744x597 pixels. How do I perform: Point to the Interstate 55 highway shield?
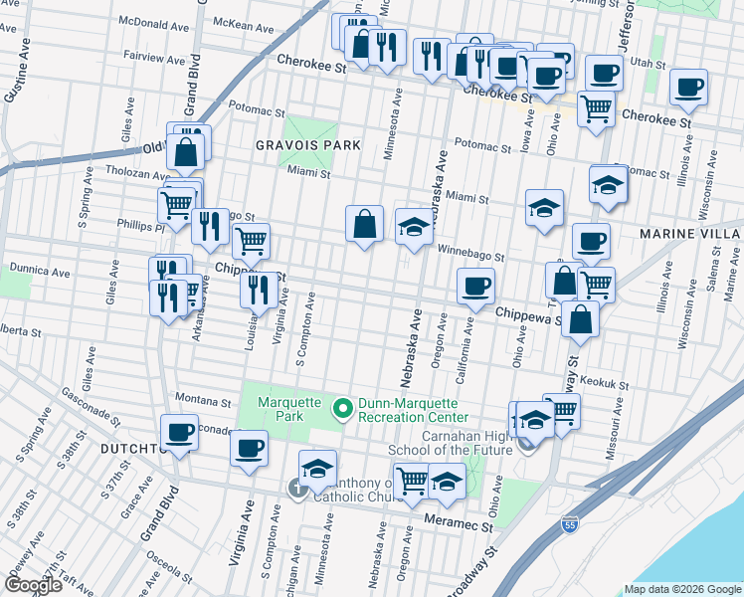click(568, 524)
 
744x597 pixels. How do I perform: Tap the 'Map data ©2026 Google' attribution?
click(682, 589)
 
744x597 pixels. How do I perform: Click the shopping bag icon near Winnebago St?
click(365, 224)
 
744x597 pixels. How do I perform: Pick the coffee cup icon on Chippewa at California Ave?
click(475, 287)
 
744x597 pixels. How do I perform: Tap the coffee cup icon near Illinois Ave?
click(688, 87)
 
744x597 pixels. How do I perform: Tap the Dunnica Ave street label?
click(40, 269)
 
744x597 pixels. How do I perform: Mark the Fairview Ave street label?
click(155, 58)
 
